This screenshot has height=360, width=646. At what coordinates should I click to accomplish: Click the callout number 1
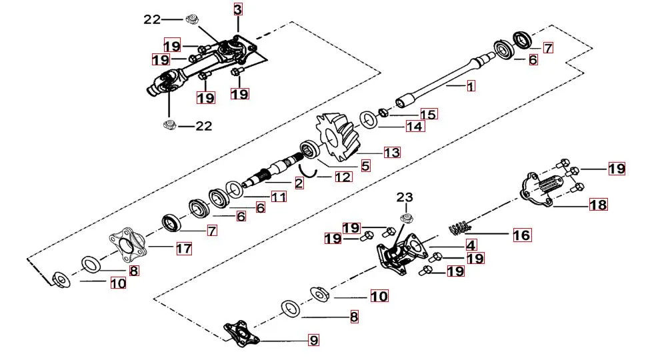470,87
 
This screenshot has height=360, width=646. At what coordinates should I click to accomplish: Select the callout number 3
238,9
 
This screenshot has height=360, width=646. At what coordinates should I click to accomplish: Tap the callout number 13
391,153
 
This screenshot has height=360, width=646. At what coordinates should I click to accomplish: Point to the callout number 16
521,235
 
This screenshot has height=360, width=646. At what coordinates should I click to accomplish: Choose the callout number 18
598,205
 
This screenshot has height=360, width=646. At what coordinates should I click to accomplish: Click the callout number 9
313,341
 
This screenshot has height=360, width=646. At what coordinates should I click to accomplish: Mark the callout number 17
183,249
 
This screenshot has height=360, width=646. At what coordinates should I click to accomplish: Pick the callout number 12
343,177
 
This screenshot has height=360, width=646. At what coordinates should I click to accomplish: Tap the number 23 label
405,197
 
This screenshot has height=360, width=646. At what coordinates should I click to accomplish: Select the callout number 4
470,245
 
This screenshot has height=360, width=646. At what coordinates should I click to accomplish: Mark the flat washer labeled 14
367,120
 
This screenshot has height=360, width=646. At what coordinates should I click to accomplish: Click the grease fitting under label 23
405,219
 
